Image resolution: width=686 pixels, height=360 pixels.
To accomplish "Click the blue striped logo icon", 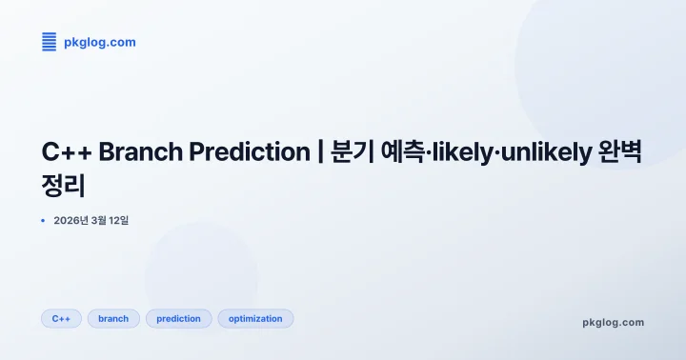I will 50,41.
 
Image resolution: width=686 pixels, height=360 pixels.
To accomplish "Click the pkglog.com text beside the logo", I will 100,42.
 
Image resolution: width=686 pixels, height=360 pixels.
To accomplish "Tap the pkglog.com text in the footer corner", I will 613,322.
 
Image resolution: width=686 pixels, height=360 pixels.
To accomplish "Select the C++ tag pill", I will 61,318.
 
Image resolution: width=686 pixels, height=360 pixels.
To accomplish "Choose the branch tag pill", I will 113,318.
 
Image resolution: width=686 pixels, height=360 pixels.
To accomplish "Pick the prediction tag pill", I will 178,318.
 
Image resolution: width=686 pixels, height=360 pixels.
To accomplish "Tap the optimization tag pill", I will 255,318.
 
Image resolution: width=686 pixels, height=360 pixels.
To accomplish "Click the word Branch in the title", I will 136,151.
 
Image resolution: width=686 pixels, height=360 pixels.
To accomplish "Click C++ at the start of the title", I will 67,151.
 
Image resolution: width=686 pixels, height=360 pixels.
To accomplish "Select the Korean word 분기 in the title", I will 353,151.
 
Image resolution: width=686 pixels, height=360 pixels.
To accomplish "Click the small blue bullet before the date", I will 43,221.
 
